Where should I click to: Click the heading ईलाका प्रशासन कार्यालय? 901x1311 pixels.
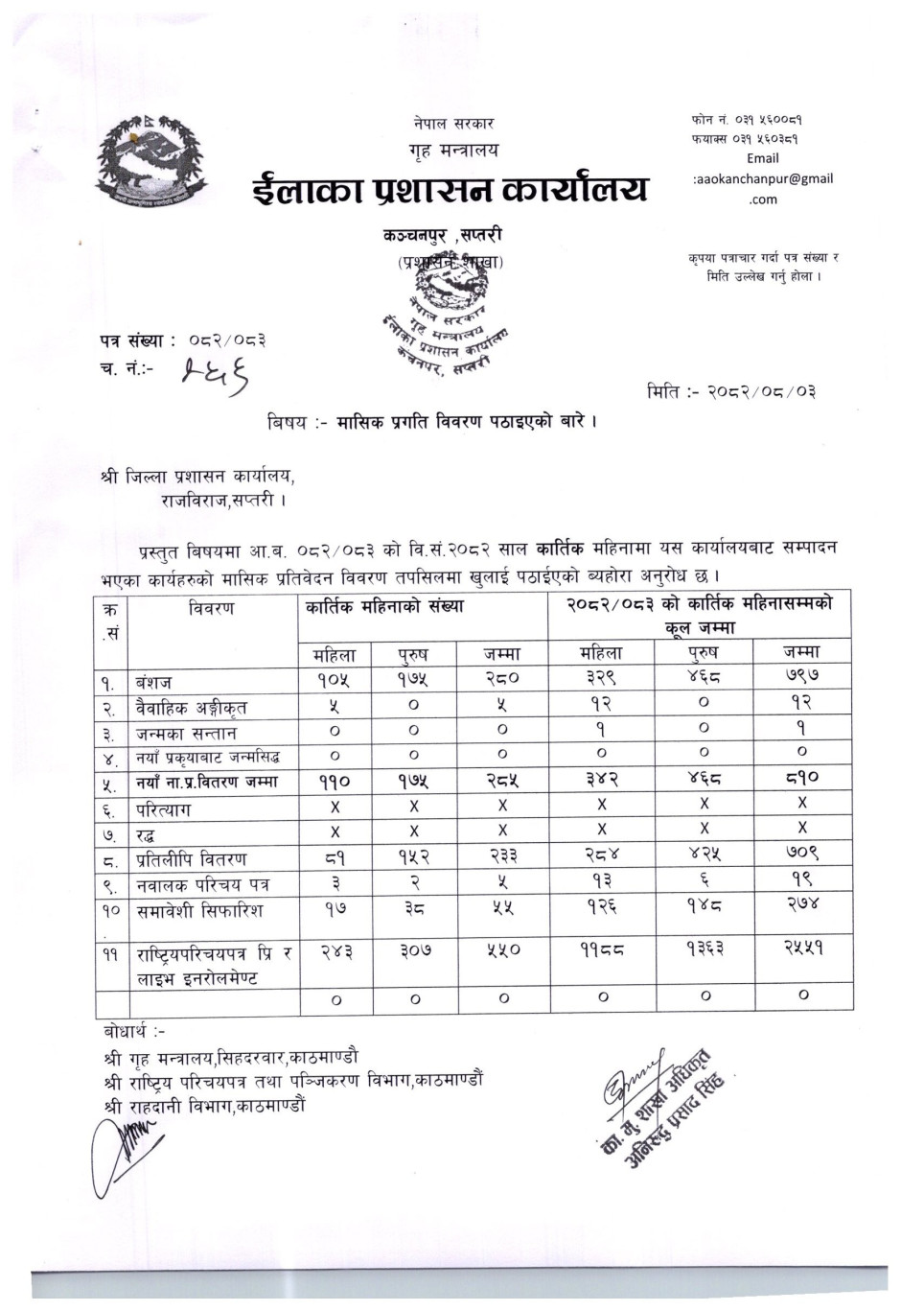point(450,187)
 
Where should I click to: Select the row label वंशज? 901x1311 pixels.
point(153,683)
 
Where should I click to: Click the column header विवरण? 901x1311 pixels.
point(212,608)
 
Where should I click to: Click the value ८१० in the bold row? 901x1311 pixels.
point(801,778)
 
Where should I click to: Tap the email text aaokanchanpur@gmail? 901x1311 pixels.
point(763,178)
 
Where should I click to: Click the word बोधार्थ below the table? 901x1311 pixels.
point(133,1031)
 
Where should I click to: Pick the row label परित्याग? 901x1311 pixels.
point(163,808)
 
